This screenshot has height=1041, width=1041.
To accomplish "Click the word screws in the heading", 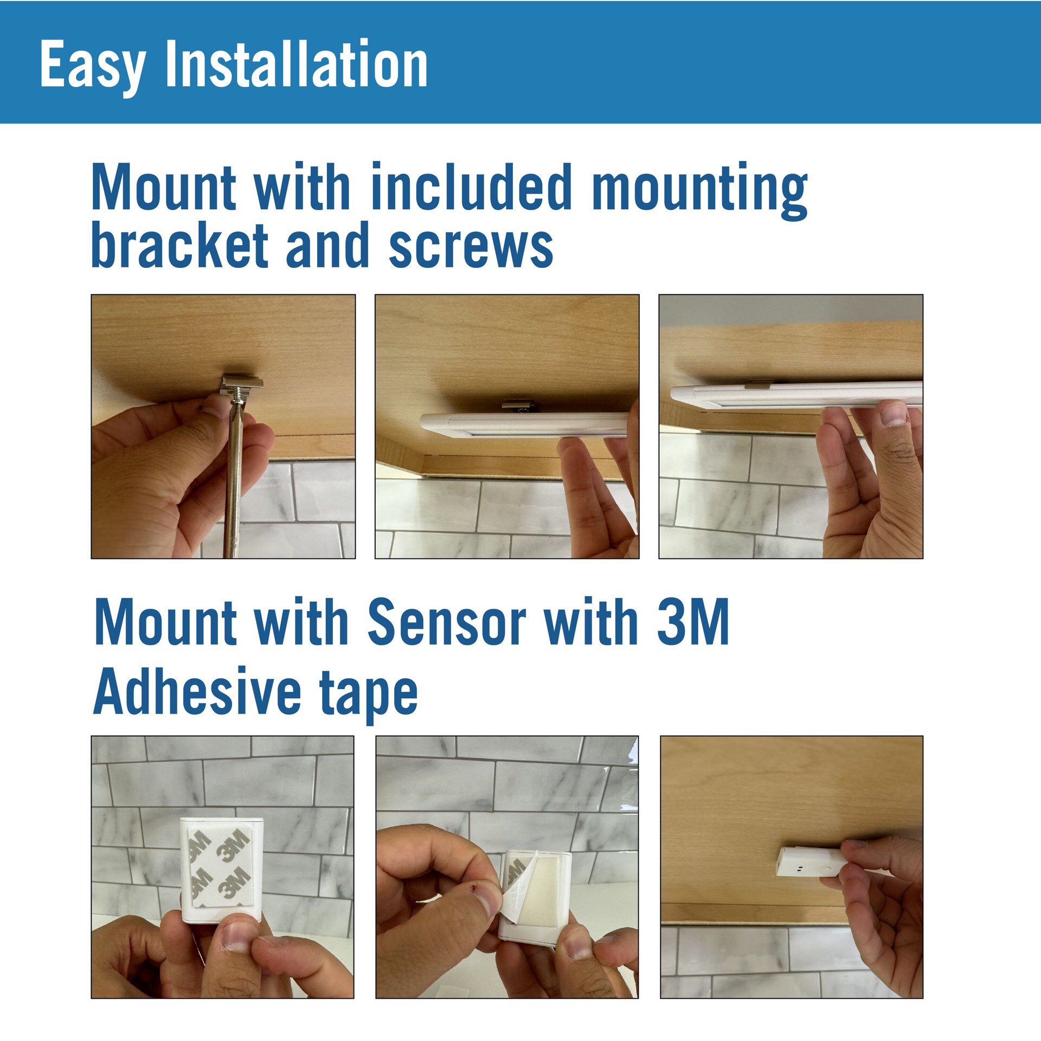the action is (471, 248).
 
